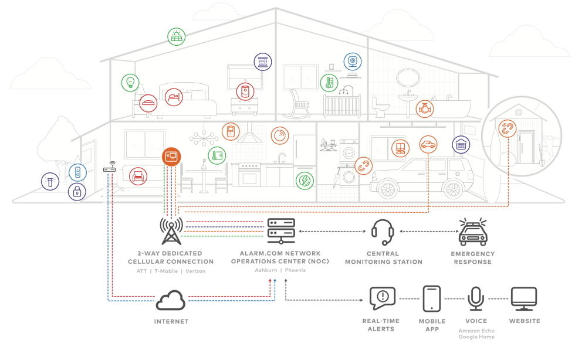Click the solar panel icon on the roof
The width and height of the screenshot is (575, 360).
coord(175,37)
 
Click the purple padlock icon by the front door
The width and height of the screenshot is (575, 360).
coord(77,191)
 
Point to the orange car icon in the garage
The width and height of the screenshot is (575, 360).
coord(428,144)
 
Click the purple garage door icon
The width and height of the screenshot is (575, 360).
coord(461,144)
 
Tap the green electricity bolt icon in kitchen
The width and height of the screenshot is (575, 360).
coord(304,180)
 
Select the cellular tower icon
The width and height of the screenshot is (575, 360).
coord(171,230)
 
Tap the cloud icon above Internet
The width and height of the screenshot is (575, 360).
coord(171,300)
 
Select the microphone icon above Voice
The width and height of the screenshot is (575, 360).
coord(476,299)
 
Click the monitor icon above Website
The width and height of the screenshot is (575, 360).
coord(523,298)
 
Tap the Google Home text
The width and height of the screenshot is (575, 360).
coord(476,337)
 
